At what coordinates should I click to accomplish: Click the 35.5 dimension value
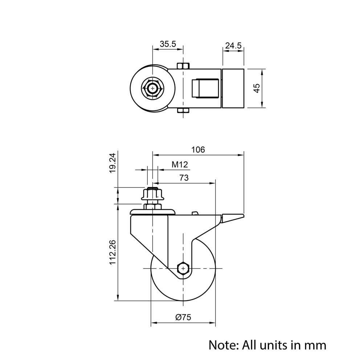click(168, 44)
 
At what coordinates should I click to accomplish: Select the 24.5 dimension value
click(233, 46)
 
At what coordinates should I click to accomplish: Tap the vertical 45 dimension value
click(257, 88)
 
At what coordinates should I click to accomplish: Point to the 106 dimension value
click(198, 150)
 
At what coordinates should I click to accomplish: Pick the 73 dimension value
click(184, 178)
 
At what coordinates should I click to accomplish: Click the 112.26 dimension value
click(113, 252)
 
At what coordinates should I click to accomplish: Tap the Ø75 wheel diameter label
click(183, 317)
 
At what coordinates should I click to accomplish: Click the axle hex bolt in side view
click(183, 268)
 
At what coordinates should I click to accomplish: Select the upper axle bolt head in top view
click(183, 66)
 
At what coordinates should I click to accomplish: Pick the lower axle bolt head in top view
click(183, 111)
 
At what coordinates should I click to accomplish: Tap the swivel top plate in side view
click(153, 212)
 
